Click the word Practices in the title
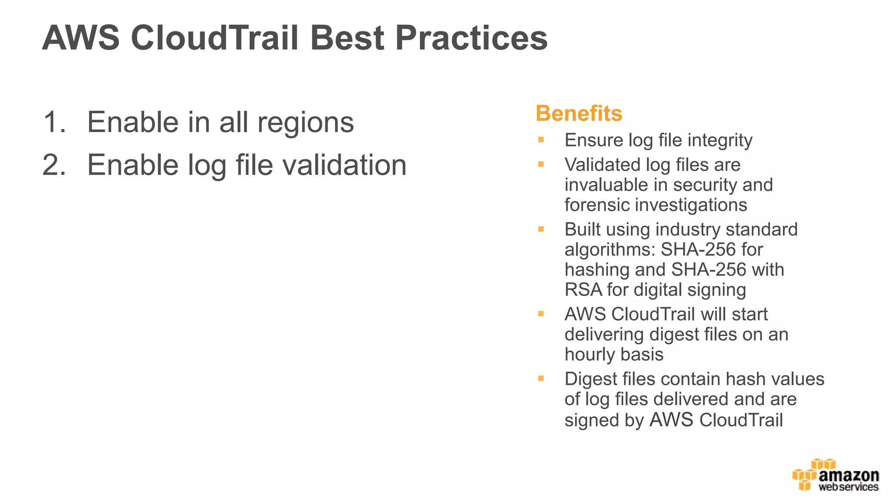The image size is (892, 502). [x=471, y=38]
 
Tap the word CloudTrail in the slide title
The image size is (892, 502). [x=214, y=38]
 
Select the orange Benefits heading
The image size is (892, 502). [x=579, y=113]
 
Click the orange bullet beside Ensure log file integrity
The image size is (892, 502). [x=541, y=140]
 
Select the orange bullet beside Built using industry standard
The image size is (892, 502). [x=541, y=229]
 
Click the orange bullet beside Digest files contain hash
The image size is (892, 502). [x=541, y=379]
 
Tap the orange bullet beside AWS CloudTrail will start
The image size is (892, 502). [x=541, y=314]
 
